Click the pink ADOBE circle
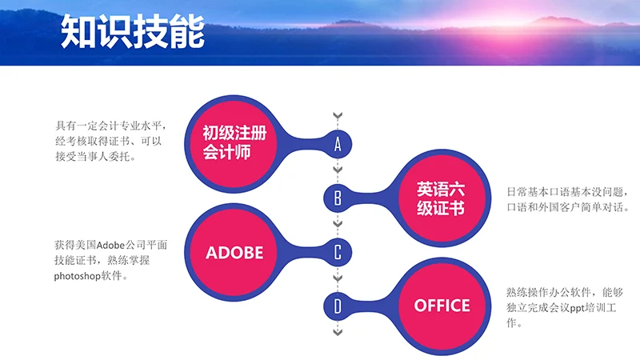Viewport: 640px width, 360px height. click(x=234, y=252)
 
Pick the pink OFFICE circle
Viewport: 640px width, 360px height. click(x=441, y=305)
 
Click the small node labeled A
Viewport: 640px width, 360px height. click(x=338, y=144)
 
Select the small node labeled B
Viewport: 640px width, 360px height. click(x=338, y=198)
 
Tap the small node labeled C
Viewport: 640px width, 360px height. click(x=338, y=253)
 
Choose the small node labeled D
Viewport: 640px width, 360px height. click(x=338, y=306)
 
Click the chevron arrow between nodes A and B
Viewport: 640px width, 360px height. click(x=338, y=170)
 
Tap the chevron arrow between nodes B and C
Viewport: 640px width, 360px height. click(x=338, y=225)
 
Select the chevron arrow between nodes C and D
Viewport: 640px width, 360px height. click(x=338, y=278)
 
